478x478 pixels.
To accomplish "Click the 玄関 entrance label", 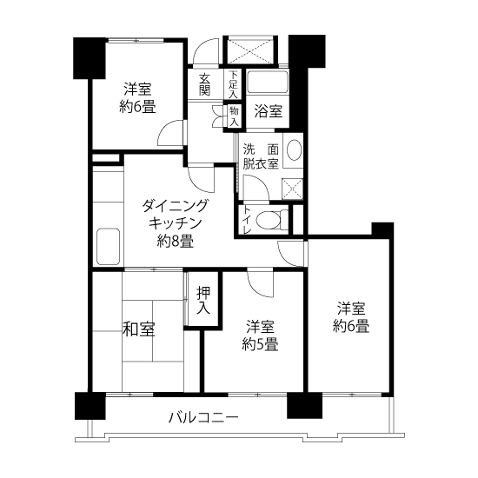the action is coord(204,85).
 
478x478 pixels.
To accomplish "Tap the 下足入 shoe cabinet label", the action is coord(233,84).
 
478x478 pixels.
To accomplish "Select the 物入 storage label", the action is coord(234,116).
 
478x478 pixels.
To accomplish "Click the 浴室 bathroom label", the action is coord(269,111).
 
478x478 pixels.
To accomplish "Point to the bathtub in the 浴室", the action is coord(268,82).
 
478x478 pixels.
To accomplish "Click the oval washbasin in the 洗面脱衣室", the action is coord(294,149).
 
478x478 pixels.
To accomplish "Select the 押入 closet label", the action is coord(203,301).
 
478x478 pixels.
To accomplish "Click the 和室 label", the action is coord(139,329).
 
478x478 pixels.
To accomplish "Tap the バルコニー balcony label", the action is coord(203,418).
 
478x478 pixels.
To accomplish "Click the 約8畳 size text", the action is coord(176,242).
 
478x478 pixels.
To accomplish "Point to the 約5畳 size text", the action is coord(260,345).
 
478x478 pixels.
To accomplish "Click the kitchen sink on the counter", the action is coord(109,246).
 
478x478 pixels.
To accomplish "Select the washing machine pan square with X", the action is coord(292,189).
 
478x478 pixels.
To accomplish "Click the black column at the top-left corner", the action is coord(90,58).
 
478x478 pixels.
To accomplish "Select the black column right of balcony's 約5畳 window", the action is coord(304,405).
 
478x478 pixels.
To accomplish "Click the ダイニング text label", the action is coord(176,206).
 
